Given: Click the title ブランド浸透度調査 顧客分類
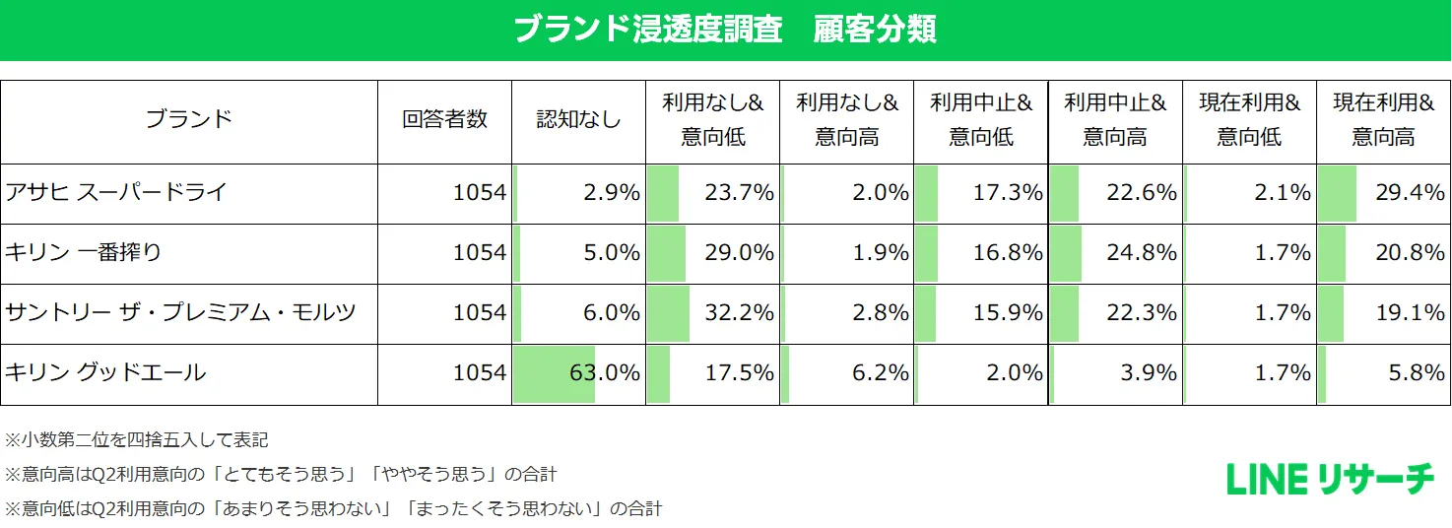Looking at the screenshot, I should [725, 30].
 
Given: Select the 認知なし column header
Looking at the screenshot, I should [578, 120].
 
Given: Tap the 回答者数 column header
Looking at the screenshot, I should [444, 120].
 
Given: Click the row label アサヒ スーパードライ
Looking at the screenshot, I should [116, 192].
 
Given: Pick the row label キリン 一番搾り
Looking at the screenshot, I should [84, 252].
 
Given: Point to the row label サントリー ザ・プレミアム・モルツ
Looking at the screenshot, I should [180, 312].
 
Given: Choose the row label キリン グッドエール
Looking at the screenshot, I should [105, 372].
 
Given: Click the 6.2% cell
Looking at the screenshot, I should [882, 373].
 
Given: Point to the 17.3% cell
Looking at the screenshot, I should [1008, 193].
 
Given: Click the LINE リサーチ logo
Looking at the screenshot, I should [1330, 480].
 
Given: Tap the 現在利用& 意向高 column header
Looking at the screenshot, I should [1383, 120].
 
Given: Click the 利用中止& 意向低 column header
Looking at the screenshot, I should [981, 120].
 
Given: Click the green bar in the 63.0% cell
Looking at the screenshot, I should [554, 373].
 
